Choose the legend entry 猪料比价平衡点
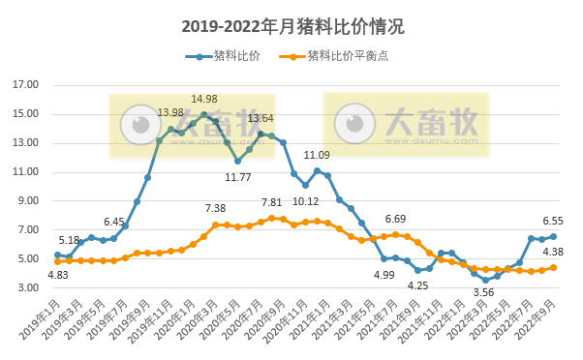[x=346, y=56]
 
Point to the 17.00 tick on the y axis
[x=25, y=85]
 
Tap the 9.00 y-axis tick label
[x=25, y=201]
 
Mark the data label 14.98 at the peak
[x=203, y=99]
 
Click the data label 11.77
[x=238, y=177]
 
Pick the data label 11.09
[x=317, y=155]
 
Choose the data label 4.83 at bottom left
[x=57, y=276]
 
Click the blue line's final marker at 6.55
[x=553, y=236]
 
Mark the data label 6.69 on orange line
[x=395, y=219]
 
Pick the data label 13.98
[x=170, y=113]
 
